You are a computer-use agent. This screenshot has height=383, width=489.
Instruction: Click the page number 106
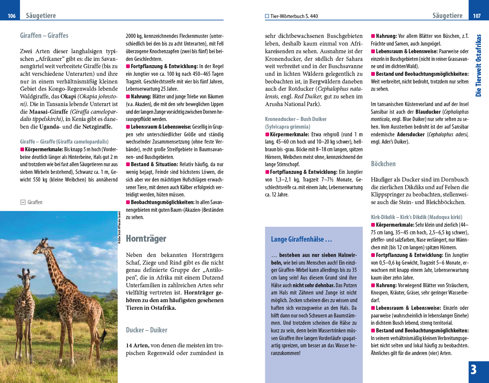point(11,16)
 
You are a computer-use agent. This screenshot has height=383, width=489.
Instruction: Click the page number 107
point(477,16)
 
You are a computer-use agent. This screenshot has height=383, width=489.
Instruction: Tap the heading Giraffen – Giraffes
point(44,36)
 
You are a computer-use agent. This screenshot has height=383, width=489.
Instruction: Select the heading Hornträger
point(146,239)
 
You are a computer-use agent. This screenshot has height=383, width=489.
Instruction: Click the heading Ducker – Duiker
point(147,330)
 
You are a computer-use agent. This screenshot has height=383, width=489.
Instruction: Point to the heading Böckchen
point(383,164)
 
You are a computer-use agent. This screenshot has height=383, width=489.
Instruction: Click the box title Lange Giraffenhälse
point(301,239)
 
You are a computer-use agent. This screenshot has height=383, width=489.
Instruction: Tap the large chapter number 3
point(474,370)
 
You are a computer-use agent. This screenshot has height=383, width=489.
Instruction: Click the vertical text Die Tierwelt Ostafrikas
point(478,65)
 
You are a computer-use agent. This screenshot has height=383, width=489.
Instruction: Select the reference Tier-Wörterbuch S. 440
point(294,16)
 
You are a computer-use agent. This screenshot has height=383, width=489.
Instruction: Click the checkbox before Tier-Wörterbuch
point(267,16)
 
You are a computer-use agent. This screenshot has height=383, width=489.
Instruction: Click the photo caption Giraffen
point(35,202)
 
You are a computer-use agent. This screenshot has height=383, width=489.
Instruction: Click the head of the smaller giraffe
point(28,278)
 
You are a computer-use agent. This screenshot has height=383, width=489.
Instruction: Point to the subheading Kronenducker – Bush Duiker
point(296,119)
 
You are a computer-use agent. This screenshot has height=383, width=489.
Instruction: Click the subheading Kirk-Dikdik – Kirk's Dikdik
point(417,217)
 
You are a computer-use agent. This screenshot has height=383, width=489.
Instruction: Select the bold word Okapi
point(68,97)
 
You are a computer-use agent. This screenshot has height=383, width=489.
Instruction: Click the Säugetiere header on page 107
point(447,16)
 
